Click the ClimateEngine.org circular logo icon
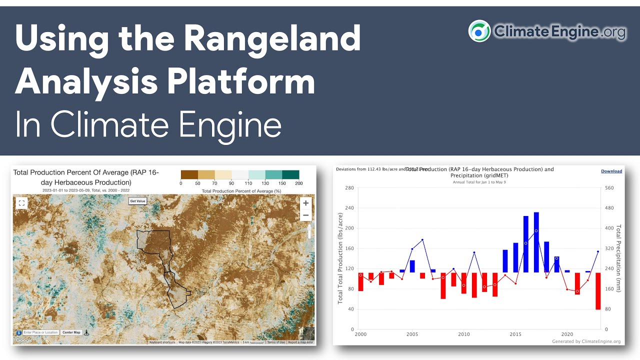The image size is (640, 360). tap(479, 31)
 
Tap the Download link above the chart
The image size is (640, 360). tap(611, 171)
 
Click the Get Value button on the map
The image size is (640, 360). tap(137, 201)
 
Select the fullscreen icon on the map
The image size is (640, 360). tap(21, 203)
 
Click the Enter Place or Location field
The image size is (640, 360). tap(40, 332)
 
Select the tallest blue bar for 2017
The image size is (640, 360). tap(536, 242)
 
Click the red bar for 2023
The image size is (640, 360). tap(598, 291)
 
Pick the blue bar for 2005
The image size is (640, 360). tap(412, 266)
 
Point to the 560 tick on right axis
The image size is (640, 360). tap(610, 188)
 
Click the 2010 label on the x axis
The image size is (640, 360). tap(464, 334)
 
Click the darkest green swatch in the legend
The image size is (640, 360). tap(290, 174)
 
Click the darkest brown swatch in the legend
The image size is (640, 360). tap(189, 174)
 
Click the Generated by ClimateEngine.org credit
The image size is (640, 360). tap(586, 341)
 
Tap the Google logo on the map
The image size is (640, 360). tap(23, 340)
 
